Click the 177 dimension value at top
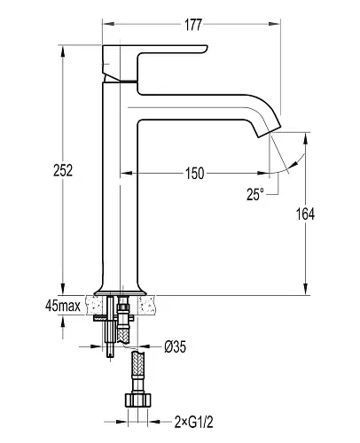(193, 25)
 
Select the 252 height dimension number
(63, 170)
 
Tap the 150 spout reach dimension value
(195, 174)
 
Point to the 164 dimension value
(305, 214)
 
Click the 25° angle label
(254, 194)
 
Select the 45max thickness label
(63, 306)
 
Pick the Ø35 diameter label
(176, 346)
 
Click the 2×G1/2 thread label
(193, 422)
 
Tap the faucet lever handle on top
(155, 63)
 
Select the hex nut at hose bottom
(137, 400)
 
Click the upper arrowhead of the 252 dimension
(62, 51)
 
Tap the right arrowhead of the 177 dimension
(274, 24)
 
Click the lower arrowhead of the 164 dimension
(305, 289)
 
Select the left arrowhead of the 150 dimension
(126, 173)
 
